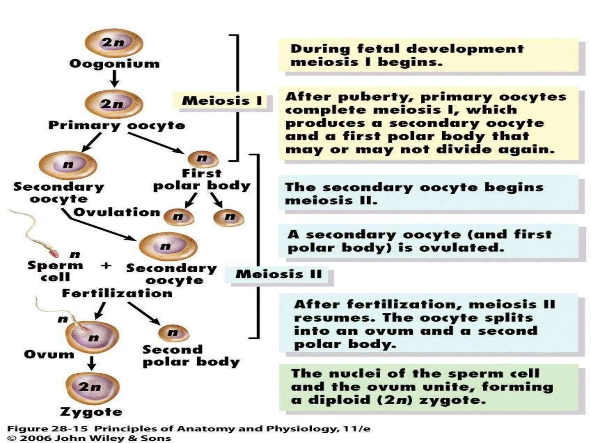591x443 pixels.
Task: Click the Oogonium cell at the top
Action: (x=114, y=43)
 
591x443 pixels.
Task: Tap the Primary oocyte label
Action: (x=117, y=125)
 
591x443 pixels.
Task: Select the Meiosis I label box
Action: (x=222, y=101)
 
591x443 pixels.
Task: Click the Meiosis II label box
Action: (x=279, y=274)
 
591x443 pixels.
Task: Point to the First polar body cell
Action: (x=203, y=159)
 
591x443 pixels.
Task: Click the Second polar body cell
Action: (x=173, y=333)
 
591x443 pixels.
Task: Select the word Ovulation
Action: (x=117, y=213)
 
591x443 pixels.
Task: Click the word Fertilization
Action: (x=117, y=294)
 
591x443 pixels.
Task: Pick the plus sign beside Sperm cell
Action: (x=106, y=265)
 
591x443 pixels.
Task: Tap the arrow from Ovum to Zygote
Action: (x=92, y=363)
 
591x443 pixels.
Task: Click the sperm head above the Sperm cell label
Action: (x=54, y=253)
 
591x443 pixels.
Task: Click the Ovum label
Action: (x=49, y=354)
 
